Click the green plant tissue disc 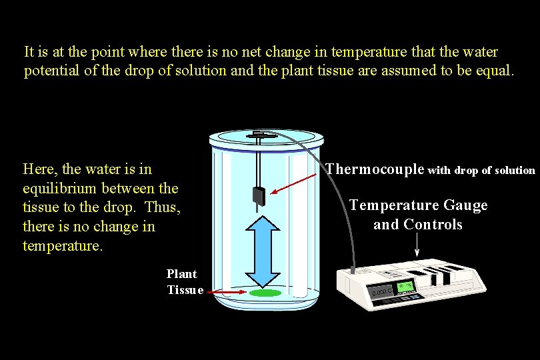point(265,293)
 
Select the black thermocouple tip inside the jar point(259,196)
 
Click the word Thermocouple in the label point(375,169)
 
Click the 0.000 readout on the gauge point(381,293)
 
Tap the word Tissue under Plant point(185,290)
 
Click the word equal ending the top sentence point(493,71)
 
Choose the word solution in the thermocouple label point(513,171)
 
